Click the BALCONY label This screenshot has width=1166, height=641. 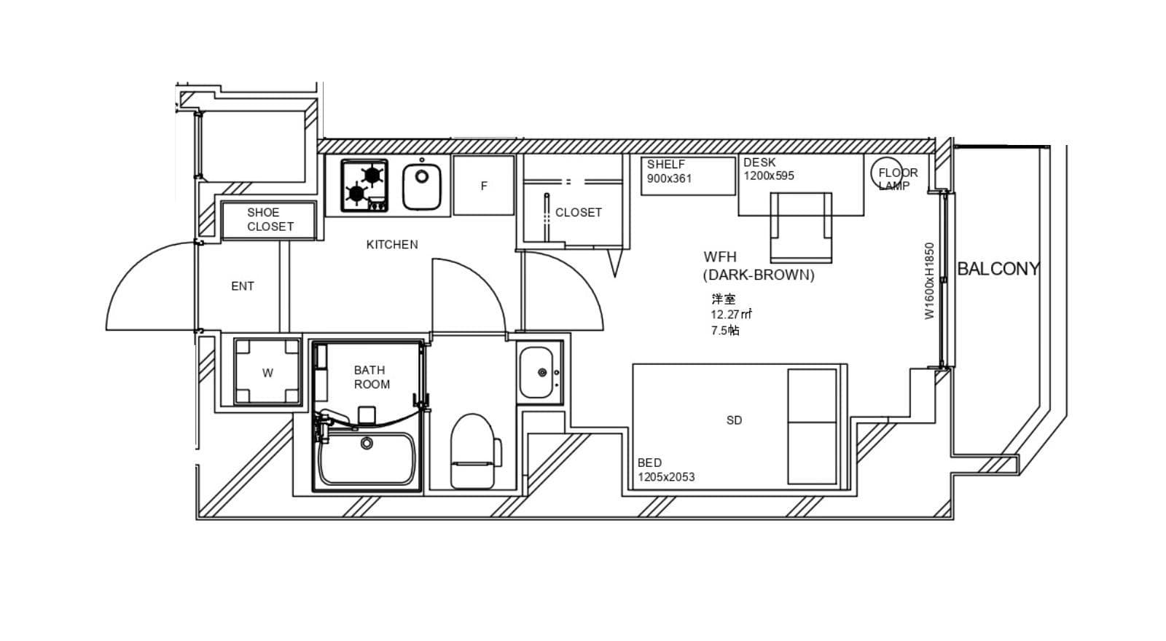coord(998,269)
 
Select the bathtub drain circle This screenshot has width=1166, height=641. coord(367,444)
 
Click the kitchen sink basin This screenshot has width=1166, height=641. coord(422,186)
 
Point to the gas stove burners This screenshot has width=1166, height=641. coord(364,185)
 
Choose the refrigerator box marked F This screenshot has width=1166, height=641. coord(484,185)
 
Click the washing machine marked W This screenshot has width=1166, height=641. coord(267,371)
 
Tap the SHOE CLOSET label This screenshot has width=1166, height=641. coord(270,219)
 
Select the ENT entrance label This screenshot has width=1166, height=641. coord(243,286)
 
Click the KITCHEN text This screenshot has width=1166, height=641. coord(392,245)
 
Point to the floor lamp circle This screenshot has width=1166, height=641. coord(887,173)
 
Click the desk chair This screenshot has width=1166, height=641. coord(801,227)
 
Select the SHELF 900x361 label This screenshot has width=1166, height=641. coord(670,172)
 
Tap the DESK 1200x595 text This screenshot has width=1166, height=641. coord(769,169)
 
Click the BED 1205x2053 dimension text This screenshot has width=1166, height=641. coord(666,470)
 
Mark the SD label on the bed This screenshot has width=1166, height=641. coord(734,420)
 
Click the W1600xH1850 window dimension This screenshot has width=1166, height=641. coord(930,281)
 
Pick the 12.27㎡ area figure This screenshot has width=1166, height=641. coord(732,314)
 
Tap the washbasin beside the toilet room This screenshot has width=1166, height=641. coord(540,372)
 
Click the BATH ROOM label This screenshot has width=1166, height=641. coord(372,377)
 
